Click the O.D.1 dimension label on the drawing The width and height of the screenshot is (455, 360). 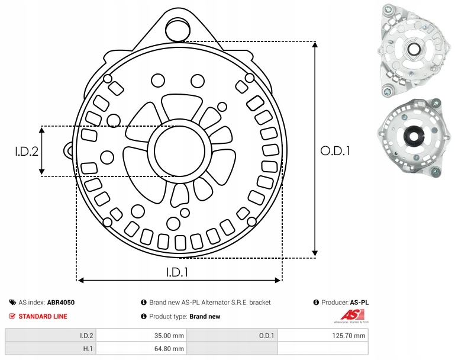pos(335,151)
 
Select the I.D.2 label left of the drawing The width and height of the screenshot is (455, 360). pos(26,151)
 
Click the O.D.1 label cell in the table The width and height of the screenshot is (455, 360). pos(266,335)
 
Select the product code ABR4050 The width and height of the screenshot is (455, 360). pos(61,302)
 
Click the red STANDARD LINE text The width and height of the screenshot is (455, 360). pos(43,316)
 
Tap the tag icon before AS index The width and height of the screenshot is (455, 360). pos(12,302)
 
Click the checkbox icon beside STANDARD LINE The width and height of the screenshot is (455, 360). pos(12,316)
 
